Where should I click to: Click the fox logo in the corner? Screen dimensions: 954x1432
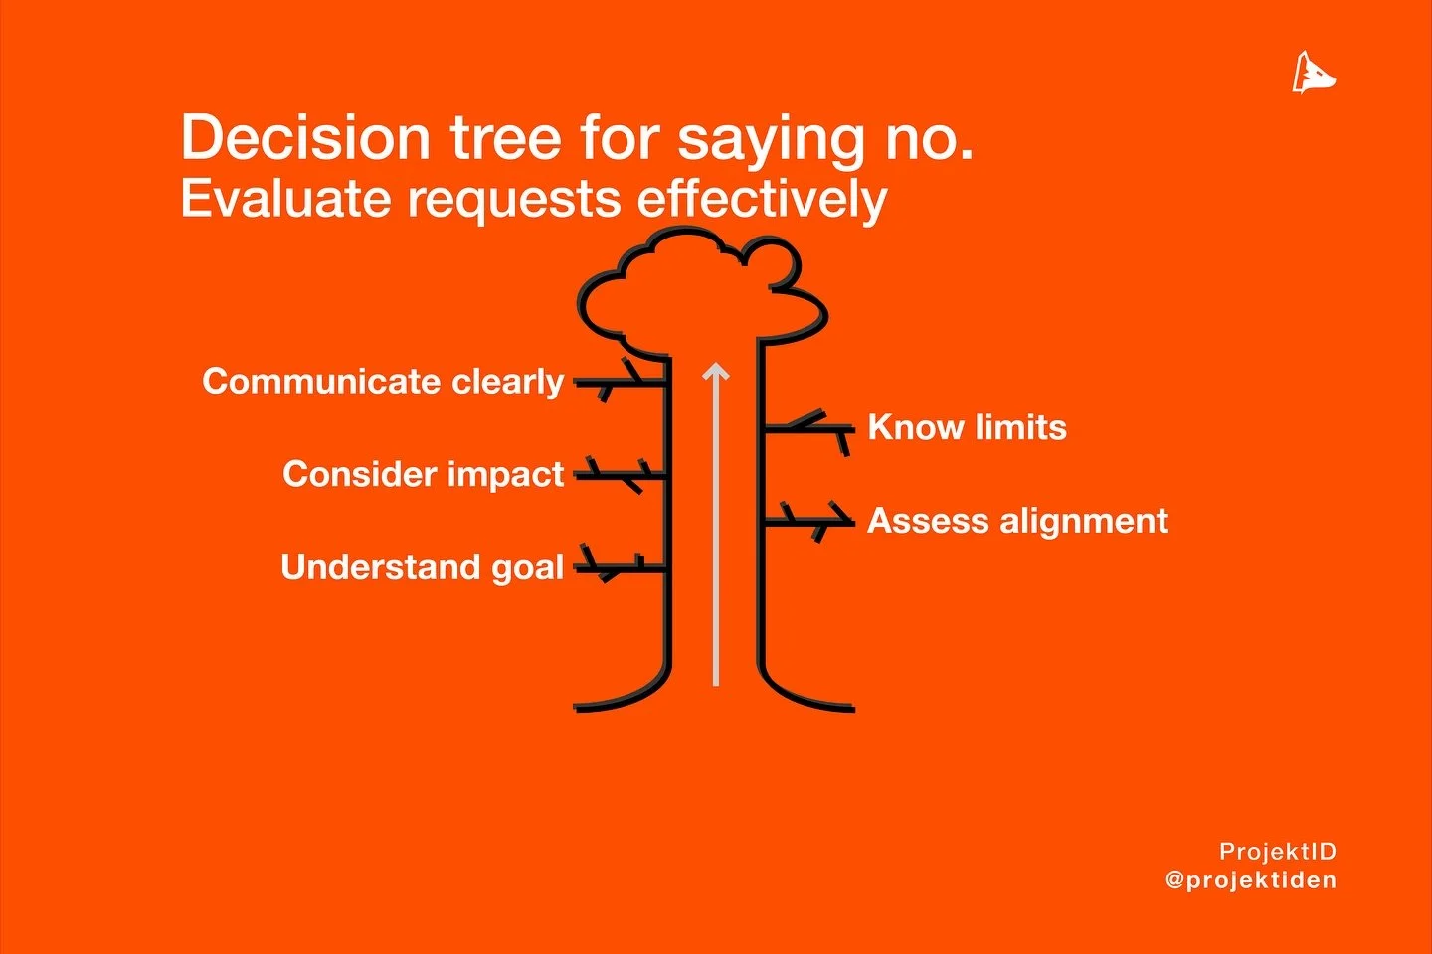pyautogui.click(x=1313, y=73)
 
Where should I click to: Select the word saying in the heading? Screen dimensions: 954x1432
pyautogui.click(x=770, y=139)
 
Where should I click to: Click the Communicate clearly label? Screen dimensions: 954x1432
pyautogui.click(x=383, y=382)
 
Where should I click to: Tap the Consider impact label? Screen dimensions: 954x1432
pyautogui.click(x=423, y=474)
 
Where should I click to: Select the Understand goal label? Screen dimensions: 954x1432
pyautogui.click(x=422, y=567)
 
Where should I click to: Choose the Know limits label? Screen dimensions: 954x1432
pyautogui.click(x=967, y=428)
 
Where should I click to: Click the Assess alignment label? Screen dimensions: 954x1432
pyautogui.click(x=1017, y=521)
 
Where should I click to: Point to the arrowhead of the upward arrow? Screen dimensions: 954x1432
pyautogui.click(x=716, y=373)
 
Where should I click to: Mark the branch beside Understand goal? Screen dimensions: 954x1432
pyautogui.click(x=619, y=567)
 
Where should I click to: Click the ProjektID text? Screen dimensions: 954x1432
pyautogui.click(x=1277, y=852)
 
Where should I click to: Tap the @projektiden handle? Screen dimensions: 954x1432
pyautogui.click(x=1251, y=880)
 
